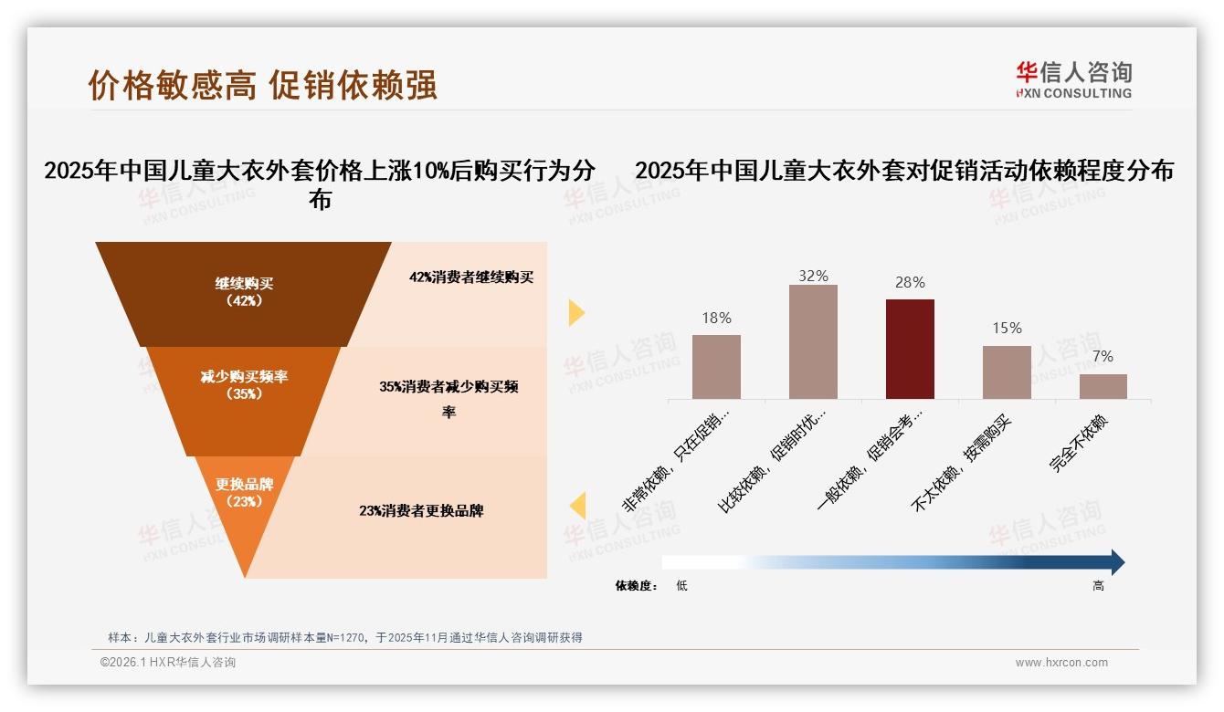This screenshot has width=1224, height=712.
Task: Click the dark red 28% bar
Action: pyautogui.click(x=910, y=349)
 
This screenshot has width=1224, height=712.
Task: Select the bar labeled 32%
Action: pyautogui.click(x=813, y=341)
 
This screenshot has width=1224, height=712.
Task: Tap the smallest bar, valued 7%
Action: pyautogui.click(x=1103, y=386)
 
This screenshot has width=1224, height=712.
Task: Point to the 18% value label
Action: pyautogui.click(x=716, y=318)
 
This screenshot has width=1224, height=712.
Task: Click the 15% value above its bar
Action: pyautogui.click(x=1007, y=329)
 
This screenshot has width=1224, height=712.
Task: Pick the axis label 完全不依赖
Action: pyautogui.click(x=1079, y=444)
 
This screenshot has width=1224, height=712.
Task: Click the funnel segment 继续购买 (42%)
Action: pyautogui.click(x=244, y=292)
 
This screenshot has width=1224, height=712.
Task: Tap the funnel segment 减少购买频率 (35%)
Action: pyautogui.click(x=244, y=384)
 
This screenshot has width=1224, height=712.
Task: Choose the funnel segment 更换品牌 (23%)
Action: pyautogui.click(x=244, y=493)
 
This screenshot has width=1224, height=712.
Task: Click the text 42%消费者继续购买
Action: pyautogui.click(x=470, y=277)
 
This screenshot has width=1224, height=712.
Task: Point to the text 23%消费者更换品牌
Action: pyautogui.click(x=421, y=511)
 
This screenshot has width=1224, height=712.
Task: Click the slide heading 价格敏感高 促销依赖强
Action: pyautogui.click(x=263, y=84)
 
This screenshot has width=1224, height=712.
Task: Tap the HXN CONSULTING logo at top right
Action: pyautogui.click(x=1073, y=80)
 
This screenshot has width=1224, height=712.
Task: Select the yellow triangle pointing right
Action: pyautogui.click(x=575, y=312)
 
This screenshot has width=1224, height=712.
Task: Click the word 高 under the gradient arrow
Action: pyautogui.click(x=1098, y=586)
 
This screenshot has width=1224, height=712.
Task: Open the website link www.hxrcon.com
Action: pyautogui.click(x=1061, y=663)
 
